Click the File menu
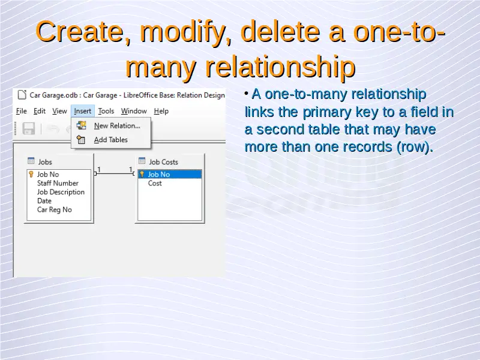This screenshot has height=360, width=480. (x=22, y=111)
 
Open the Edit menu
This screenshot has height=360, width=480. (x=40, y=111)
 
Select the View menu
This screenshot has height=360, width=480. (x=59, y=111)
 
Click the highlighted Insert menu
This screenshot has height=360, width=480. (x=83, y=111)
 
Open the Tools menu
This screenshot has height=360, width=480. (x=106, y=111)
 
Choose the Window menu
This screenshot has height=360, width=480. (x=134, y=111)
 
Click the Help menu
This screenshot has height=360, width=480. (x=161, y=111)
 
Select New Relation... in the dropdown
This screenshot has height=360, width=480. (x=117, y=125)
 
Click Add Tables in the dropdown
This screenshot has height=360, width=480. (x=111, y=140)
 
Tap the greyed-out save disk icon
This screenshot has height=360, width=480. (x=29, y=128)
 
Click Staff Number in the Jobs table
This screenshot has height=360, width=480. (x=58, y=183)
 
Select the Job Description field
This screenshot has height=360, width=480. (x=61, y=192)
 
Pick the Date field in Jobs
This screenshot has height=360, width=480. (x=44, y=201)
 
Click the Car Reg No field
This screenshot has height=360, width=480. (x=55, y=209)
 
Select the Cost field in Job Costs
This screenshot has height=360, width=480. (x=155, y=183)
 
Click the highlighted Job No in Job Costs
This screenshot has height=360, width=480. (x=170, y=174)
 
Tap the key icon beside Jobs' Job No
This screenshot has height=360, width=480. (x=31, y=174)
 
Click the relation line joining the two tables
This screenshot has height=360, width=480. (x=115, y=173)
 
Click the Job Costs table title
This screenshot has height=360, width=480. (x=163, y=161)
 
